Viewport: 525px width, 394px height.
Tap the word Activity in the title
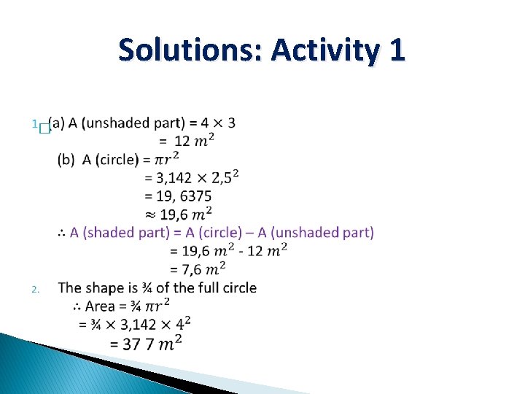[325, 50]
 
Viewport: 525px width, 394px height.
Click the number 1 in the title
[397, 50]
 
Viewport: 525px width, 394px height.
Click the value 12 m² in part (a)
[194, 140]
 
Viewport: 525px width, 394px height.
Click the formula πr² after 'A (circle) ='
[168, 158]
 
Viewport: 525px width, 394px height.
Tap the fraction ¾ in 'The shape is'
[139, 288]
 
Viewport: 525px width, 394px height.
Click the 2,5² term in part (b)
[225, 177]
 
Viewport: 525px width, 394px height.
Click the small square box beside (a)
[43, 128]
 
